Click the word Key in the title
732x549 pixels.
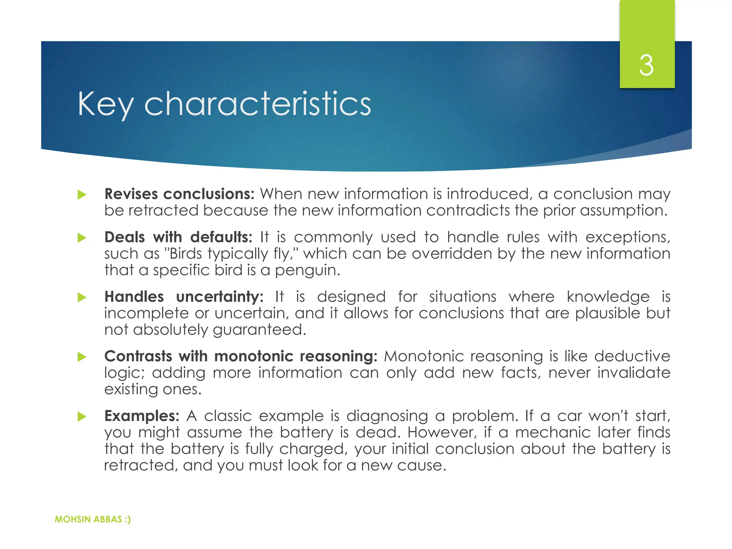pyautogui.click(x=105, y=104)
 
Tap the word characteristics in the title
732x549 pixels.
pyautogui.click(x=257, y=104)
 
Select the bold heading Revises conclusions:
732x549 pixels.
pyautogui.click(x=179, y=194)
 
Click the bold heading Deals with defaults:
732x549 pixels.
pyautogui.click(x=178, y=237)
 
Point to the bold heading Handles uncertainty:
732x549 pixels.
pyautogui.click(x=184, y=297)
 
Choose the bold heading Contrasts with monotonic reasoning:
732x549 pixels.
pyautogui.click(x=241, y=356)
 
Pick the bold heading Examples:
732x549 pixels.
pyautogui.click(x=142, y=416)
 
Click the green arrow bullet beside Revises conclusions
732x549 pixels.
pyautogui.click(x=82, y=195)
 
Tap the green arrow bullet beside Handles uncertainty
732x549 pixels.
pyautogui.click(x=82, y=297)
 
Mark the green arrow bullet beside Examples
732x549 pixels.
pyautogui.click(x=82, y=416)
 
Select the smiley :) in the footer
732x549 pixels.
pyautogui.click(x=128, y=519)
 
